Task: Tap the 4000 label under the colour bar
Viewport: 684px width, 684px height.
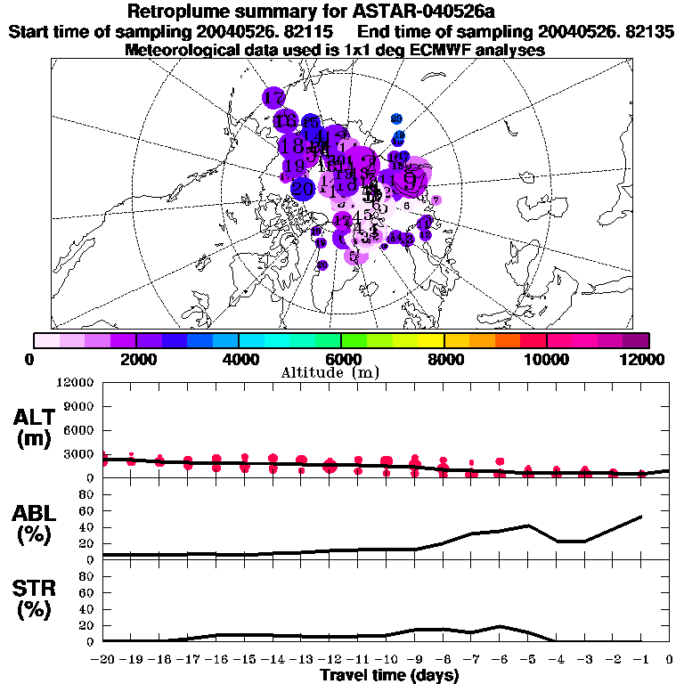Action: point(238,359)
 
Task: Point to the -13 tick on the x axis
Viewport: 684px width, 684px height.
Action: point(301,660)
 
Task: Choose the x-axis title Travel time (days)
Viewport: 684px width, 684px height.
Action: point(390,675)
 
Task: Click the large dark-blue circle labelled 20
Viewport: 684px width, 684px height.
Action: point(303,188)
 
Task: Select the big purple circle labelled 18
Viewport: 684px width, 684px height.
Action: point(290,144)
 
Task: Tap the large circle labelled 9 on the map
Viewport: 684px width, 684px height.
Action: point(410,178)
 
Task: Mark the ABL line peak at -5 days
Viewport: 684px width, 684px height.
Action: point(528,525)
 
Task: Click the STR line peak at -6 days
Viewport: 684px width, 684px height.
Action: point(501,626)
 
